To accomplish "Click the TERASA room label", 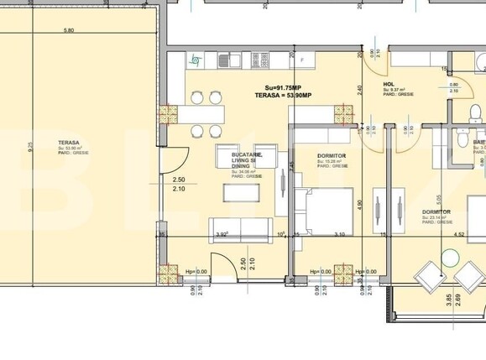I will coord(69,143).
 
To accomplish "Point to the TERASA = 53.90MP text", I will coord(284,97).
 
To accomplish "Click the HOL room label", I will coord(389,84).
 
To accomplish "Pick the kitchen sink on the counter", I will coord(227,60).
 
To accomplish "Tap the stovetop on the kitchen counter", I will coord(260,60).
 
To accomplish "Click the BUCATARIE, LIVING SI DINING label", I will coord(247,160).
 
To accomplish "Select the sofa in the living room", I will coord(234,229).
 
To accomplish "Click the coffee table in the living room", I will coord(241,192).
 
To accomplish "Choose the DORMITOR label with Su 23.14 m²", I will coord(436,212).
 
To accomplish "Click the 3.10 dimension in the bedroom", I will coord(339,235).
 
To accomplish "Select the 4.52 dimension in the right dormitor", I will coord(459,235).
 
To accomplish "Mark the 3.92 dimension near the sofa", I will coord(222,235).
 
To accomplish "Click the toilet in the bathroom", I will coord(460,134).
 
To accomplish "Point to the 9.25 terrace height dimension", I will coord(30,149).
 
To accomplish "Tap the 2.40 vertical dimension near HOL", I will coord(358,89).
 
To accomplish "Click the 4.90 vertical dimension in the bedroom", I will coord(358,204).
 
